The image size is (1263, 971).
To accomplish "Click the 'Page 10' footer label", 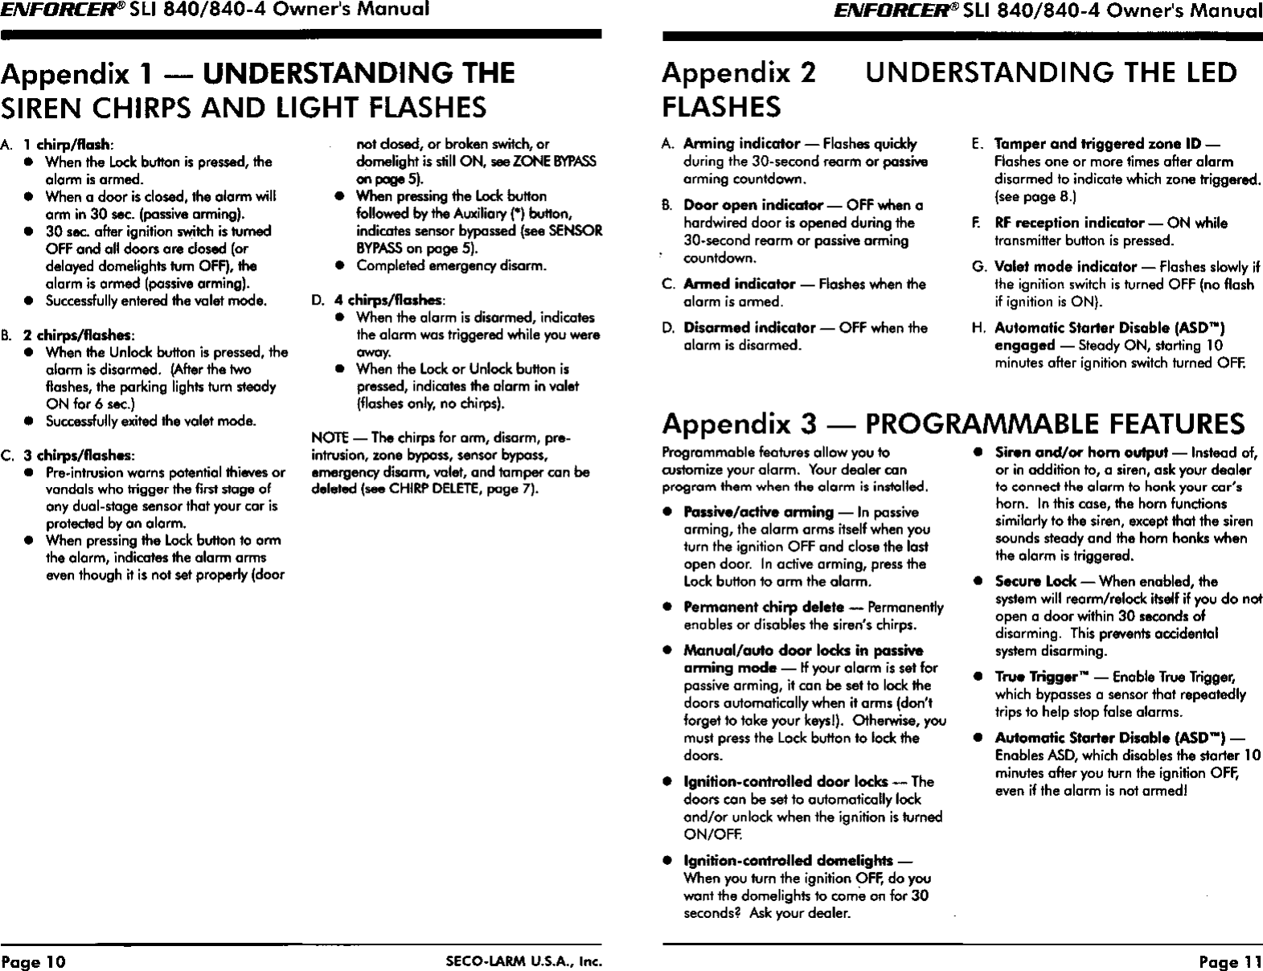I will click(35, 961).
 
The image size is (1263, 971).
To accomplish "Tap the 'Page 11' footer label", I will click(1230, 961).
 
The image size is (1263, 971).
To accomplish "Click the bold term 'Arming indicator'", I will click(740, 144).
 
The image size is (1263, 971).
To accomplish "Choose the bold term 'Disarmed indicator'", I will click(748, 328).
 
